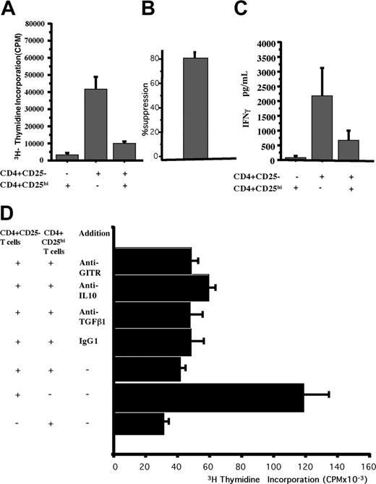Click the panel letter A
tap(12, 9)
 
